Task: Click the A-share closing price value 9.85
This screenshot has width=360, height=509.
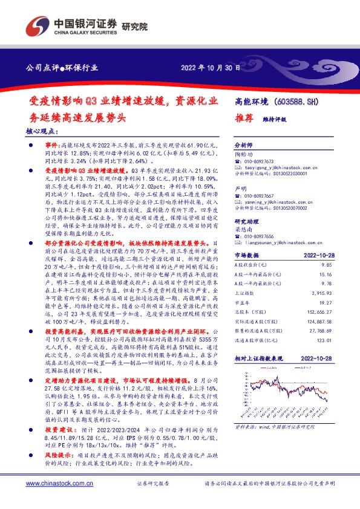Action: (327, 265)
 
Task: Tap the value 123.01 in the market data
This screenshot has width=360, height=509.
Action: (326, 340)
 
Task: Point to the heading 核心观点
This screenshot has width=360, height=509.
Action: (42, 131)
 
